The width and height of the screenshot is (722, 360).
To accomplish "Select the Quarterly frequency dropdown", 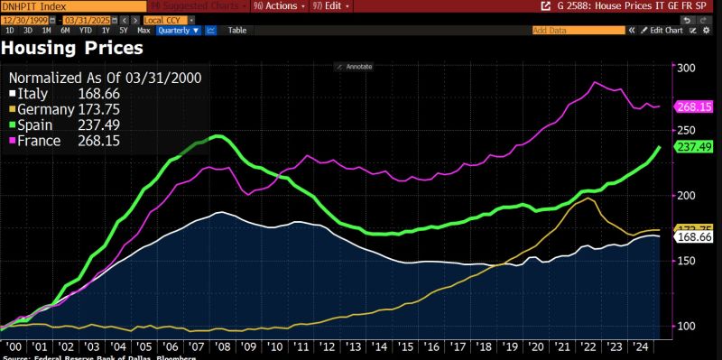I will (178, 30).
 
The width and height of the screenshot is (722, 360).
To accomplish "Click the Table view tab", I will (236, 30).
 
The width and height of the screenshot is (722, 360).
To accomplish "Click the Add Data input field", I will (578, 30).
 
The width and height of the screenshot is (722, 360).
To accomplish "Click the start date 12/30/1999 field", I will (25, 18).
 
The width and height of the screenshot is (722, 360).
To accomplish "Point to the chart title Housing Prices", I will (72, 48).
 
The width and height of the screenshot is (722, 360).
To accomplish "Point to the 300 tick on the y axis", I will (687, 68).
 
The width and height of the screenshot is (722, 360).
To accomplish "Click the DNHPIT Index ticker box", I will (54, 5).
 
